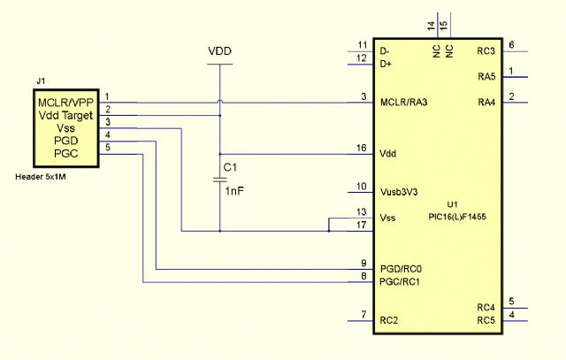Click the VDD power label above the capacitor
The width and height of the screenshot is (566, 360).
(219, 51)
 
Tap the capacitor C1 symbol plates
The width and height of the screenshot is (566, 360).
(220, 180)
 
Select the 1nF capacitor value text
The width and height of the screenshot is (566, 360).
(234, 191)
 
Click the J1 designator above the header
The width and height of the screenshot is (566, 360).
(41, 80)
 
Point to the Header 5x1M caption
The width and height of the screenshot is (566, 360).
(41, 177)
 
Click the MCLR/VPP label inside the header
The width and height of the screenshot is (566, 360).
(65, 103)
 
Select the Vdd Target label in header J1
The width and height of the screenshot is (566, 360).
(65, 116)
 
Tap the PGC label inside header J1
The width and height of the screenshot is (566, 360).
(66, 153)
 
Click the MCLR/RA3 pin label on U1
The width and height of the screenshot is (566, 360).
(403, 103)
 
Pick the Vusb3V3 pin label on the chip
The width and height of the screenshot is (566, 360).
(399, 192)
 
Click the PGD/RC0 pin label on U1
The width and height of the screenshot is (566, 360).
(401, 269)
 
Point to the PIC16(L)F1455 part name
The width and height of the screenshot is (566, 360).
(457, 217)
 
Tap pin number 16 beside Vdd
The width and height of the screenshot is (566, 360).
(362, 148)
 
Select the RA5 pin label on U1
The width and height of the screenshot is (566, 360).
(486, 77)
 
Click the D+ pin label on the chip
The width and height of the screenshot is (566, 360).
(386, 65)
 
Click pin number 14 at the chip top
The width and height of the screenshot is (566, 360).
(431, 26)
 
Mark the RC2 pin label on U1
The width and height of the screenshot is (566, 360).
(389, 321)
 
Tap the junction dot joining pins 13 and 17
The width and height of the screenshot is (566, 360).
(329, 231)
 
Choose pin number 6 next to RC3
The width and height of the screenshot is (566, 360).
(511, 45)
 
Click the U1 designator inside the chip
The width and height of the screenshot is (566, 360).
(452, 204)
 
